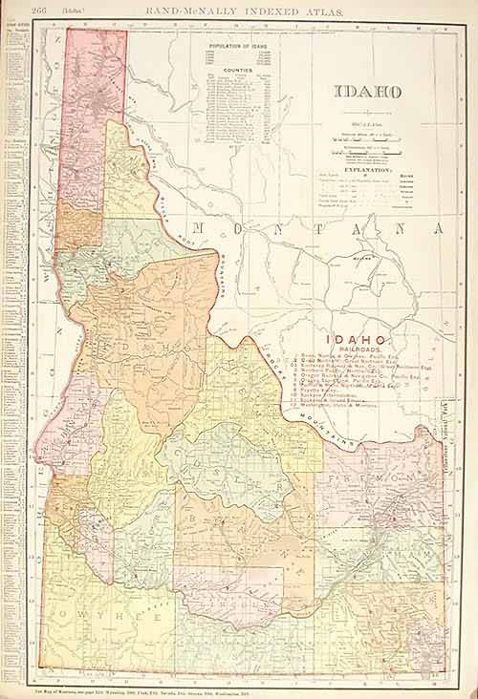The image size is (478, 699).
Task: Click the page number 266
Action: (x=41, y=11)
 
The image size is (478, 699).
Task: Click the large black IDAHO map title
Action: (x=367, y=93)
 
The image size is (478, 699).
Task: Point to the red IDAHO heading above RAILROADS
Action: (x=358, y=340)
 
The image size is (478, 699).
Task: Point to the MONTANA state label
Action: (x=315, y=229)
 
